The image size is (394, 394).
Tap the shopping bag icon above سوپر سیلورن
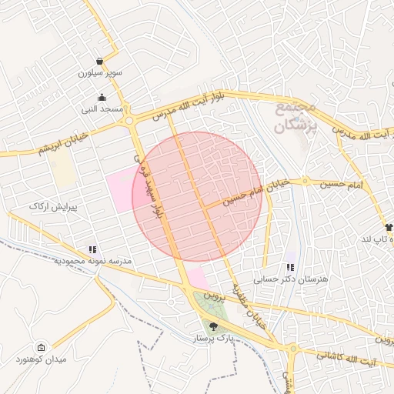tap(101, 62)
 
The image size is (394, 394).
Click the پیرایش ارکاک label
tap(50, 207)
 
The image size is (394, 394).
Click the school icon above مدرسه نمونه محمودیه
tap(92, 249)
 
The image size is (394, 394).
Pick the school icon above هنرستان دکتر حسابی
tap(289, 267)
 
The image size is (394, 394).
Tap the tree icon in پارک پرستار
tap(213, 326)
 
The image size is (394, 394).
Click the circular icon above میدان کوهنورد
tap(41, 347)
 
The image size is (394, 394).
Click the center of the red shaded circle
tap(197, 196)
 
